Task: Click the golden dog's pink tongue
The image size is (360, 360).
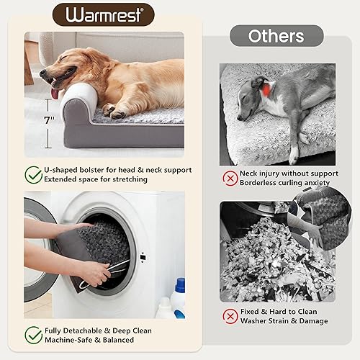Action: pyautogui.click(x=55, y=92)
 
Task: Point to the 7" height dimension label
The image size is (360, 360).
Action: pyautogui.click(x=48, y=121)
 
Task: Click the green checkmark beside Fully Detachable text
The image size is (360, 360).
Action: pyautogui.click(x=33, y=334)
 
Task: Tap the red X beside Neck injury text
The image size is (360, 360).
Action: pyautogui.click(x=230, y=176)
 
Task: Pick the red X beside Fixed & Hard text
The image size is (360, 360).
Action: pyautogui.click(x=230, y=315)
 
